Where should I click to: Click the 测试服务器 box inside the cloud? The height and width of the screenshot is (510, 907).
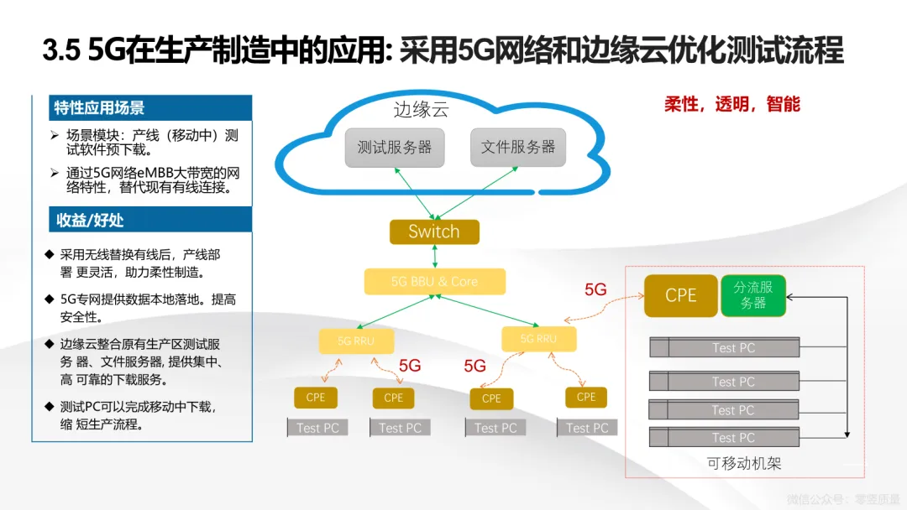[394, 148]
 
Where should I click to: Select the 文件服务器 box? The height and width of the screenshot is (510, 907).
[517, 148]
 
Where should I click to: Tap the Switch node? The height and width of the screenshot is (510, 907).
[434, 232]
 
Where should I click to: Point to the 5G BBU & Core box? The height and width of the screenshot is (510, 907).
[434, 282]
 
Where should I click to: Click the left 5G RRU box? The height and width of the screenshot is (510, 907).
[356, 341]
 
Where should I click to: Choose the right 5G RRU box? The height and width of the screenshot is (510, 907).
[538, 339]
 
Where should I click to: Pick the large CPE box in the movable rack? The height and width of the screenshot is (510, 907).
[680, 295]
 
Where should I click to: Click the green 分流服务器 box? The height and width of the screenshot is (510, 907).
[753, 295]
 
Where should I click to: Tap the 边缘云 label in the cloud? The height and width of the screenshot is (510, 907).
[421, 110]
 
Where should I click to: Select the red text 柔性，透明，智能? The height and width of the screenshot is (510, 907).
[731, 104]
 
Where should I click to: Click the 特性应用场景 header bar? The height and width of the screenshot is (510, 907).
[142, 107]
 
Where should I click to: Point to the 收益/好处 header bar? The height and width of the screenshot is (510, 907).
[142, 220]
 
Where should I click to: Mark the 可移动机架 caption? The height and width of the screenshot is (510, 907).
[744, 463]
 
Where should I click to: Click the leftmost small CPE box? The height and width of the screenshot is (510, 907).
[315, 398]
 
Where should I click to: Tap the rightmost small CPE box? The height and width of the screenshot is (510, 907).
[586, 397]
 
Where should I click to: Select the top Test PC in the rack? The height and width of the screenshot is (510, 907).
[733, 348]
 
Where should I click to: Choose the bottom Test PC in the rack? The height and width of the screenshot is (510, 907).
[733, 438]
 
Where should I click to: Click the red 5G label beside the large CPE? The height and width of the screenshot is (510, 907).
[595, 289]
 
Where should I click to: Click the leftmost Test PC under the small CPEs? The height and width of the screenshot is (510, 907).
[317, 428]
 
